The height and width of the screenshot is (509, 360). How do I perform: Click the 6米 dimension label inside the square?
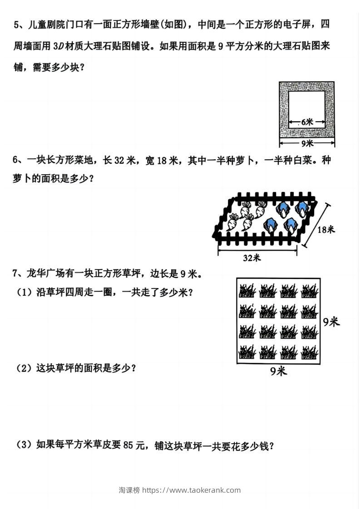click(307, 122)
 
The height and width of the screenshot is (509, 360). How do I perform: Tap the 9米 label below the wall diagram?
click(307, 143)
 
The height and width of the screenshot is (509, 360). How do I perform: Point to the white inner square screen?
click(307, 109)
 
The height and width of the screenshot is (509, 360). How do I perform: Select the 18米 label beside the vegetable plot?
click(326, 230)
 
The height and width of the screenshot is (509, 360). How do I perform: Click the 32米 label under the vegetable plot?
click(252, 258)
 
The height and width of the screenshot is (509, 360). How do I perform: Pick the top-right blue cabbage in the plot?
click(302, 208)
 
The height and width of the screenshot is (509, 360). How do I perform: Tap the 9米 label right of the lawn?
click(331, 322)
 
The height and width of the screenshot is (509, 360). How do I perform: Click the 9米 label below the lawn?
click(278, 371)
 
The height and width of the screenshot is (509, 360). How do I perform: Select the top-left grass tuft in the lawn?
click(247, 290)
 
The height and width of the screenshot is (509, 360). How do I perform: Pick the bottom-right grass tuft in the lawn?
click(309, 352)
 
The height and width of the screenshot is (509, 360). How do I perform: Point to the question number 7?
click(15, 274)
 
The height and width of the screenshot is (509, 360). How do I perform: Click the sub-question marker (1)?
click(24, 292)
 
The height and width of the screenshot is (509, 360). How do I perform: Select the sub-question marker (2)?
click(24, 368)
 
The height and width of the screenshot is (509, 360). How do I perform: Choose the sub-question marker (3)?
click(24, 444)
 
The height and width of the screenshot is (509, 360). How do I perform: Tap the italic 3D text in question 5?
click(58, 46)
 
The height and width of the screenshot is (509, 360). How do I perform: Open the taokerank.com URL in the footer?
click(192, 490)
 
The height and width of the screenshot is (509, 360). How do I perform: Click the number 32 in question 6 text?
click(119, 160)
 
